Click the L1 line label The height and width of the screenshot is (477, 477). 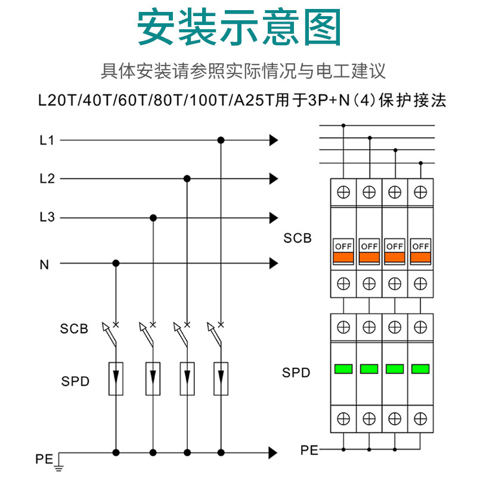point(47,141)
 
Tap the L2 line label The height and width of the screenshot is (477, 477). point(47,178)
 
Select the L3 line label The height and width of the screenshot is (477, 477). point(47,218)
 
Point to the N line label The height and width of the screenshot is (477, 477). point(44,264)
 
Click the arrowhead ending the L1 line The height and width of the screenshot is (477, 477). point(274,141)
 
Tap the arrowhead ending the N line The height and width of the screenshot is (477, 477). point(274,263)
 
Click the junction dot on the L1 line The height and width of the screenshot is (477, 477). point(221,141)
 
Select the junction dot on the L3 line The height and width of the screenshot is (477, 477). point(153,218)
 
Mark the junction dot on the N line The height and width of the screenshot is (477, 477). point(116,263)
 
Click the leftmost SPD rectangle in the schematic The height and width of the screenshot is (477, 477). point(116,378)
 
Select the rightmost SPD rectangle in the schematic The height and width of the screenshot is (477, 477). point(221,378)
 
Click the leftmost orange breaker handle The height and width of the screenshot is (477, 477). point(343,258)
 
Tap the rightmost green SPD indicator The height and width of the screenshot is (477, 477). point(420,368)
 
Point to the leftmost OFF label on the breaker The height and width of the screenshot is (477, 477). point(343,246)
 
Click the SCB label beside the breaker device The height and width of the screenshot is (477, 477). point(298,238)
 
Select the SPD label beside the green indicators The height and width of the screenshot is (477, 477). point(296,373)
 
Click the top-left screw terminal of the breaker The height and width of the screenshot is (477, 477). point(343,192)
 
